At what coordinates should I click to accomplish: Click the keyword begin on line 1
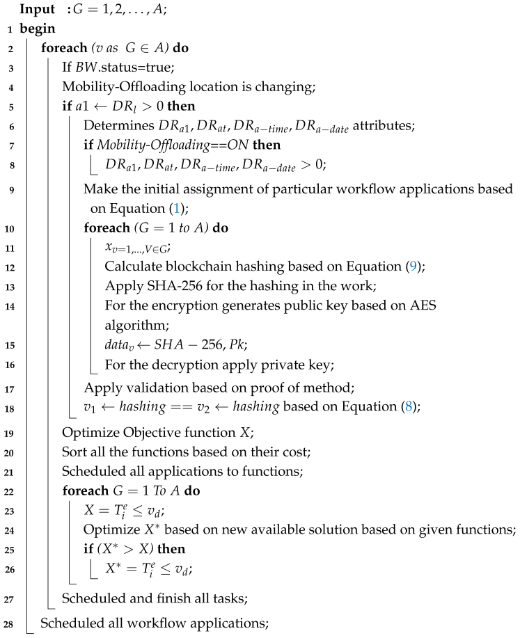click(36, 29)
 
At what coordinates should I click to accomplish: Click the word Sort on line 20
click(74, 451)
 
